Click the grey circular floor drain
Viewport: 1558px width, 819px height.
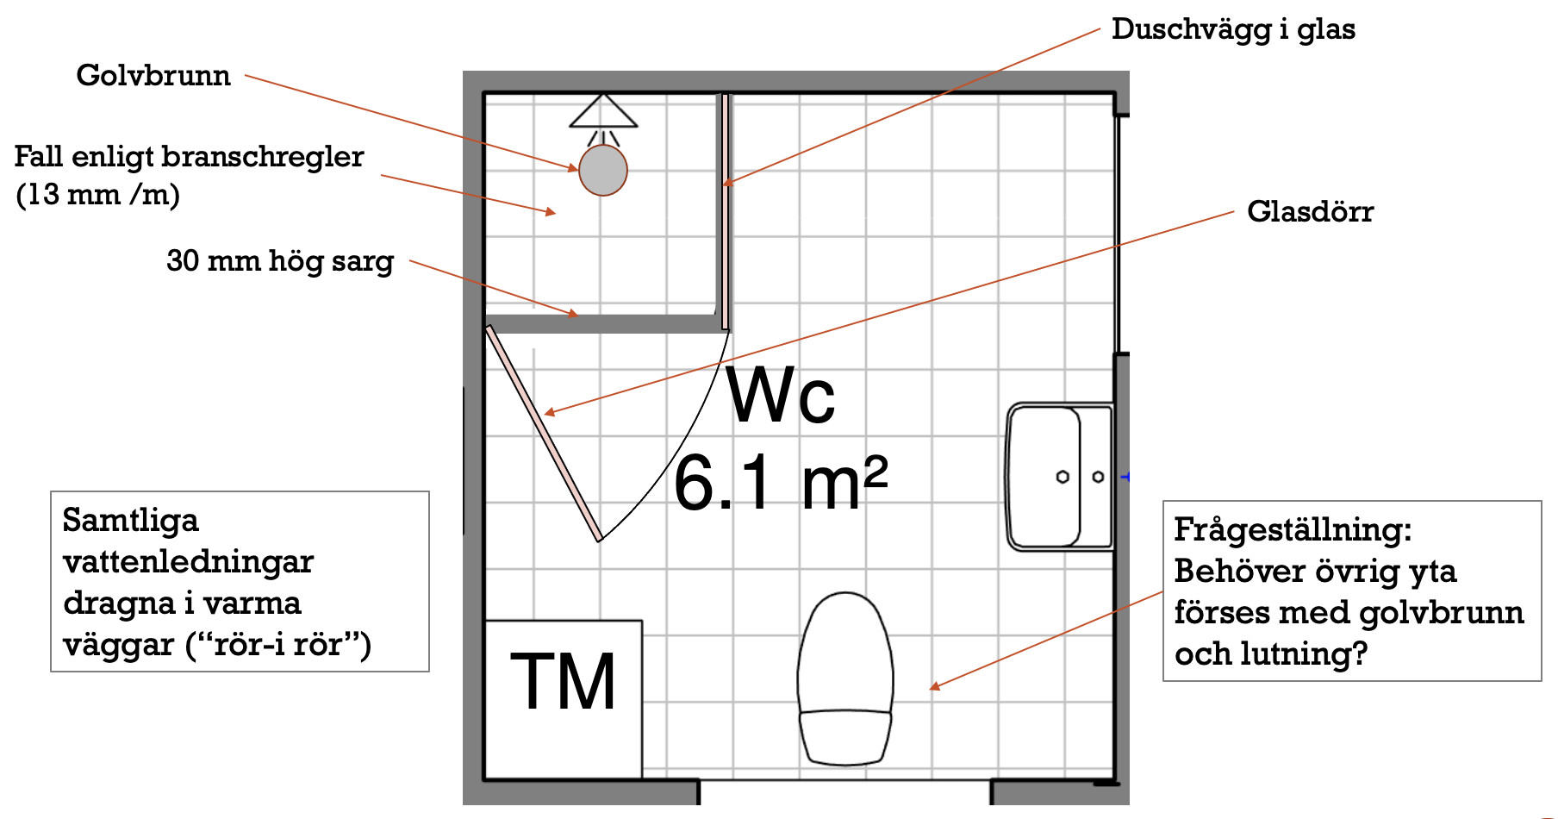tap(603, 170)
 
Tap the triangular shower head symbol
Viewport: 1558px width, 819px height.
tap(603, 111)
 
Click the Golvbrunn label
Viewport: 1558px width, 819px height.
tap(153, 75)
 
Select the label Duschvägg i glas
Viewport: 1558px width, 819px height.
tap(1233, 29)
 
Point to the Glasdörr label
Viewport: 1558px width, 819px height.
tap(1310, 211)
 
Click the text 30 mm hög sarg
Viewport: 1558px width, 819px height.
tap(280, 261)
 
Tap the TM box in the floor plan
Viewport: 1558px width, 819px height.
tap(564, 699)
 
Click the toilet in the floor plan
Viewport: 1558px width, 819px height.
tap(845, 678)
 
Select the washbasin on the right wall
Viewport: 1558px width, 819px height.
tap(1060, 477)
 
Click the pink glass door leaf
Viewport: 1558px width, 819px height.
tap(544, 433)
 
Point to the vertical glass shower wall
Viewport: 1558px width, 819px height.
tap(726, 211)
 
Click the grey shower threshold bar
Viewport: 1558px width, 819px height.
tap(603, 324)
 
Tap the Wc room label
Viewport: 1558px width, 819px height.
tap(781, 396)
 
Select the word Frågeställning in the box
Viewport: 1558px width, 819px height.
tap(1293, 529)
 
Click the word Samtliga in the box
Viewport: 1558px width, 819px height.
tap(131, 520)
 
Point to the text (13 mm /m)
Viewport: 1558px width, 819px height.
tap(98, 195)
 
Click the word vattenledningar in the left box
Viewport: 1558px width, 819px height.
tap(189, 561)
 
